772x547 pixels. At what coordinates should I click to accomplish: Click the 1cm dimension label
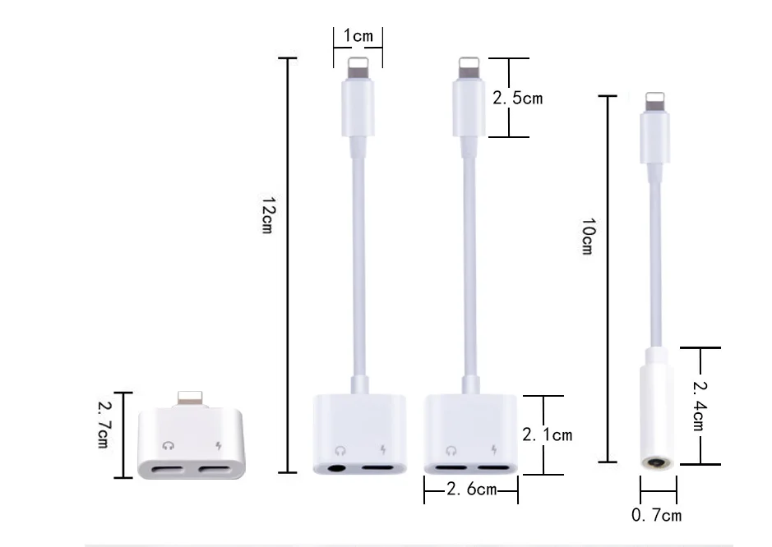click(x=358, y=35)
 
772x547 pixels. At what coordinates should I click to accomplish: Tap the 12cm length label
click(x=268, y=215)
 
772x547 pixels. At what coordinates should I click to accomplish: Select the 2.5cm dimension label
click(x=517, y=98)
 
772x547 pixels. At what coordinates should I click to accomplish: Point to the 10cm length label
click(x=588, y=236)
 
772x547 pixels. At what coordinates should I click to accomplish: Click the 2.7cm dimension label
click(x=104, y=425)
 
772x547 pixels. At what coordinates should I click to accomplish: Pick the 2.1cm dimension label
click(x=547, y=434)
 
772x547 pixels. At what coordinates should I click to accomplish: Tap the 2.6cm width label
click(x=471, y=489)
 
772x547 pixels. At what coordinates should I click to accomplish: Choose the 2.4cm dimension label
click(x=699, y=406)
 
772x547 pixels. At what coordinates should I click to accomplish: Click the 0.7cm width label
click(x=656, y=514)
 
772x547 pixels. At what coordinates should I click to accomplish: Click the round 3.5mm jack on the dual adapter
click(x=336, y=468)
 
